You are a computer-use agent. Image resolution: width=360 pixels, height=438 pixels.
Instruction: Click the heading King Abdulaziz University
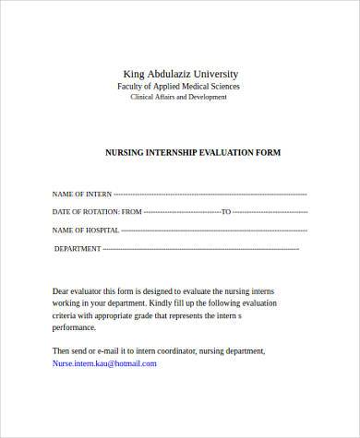180,74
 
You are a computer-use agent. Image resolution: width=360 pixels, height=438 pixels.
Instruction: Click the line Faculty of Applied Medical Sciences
178,86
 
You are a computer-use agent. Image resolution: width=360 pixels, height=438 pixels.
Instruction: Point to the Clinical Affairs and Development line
178,97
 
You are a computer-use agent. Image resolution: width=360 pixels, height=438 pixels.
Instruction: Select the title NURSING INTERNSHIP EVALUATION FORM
193,152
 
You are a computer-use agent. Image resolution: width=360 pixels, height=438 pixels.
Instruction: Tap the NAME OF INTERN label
81,195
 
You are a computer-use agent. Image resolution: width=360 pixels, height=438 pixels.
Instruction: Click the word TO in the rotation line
226,212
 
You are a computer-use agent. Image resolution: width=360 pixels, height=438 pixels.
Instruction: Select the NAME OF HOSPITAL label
85,230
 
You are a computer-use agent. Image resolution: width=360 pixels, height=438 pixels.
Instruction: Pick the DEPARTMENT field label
78,248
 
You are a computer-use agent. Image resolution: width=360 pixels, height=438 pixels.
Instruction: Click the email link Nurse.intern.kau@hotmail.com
104,363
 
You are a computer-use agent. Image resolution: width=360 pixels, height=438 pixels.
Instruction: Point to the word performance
74,327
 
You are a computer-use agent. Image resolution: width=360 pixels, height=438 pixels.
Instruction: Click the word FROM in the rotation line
131,212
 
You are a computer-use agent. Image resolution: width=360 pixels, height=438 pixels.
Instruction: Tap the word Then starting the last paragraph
61,351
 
